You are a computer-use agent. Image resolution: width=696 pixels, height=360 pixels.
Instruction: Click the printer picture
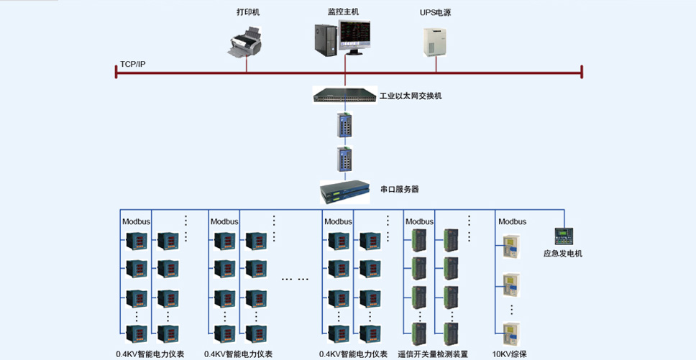(245, 42)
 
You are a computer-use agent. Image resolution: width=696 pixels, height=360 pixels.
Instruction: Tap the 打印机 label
(248, 12)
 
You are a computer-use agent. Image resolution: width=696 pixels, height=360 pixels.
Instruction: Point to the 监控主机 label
(343, 12)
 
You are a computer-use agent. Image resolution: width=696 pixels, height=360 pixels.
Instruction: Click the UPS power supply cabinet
(434, 42)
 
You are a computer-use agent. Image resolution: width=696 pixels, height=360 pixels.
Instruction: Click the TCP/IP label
(133, 64)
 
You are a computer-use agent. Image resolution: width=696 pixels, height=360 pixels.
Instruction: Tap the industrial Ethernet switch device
(345, 95)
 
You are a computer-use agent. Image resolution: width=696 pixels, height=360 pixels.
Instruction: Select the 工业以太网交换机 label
(411, 96)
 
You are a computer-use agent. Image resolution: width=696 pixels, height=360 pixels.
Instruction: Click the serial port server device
(345, 192)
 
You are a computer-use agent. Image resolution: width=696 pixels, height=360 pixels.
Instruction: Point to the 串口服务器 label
(400, 189)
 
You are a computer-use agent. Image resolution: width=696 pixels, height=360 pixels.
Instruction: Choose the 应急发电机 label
(563, 254)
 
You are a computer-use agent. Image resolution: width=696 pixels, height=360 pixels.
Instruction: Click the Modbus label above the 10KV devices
(512, 221)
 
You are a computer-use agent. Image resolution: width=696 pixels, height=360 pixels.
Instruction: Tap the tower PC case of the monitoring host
(326, 40)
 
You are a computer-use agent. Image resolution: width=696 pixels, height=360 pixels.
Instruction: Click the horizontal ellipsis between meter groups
(296, 280)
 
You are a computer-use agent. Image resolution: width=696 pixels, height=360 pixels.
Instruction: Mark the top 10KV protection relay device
(511, 246)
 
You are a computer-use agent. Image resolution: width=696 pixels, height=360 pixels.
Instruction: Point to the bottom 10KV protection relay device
(511, 334)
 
